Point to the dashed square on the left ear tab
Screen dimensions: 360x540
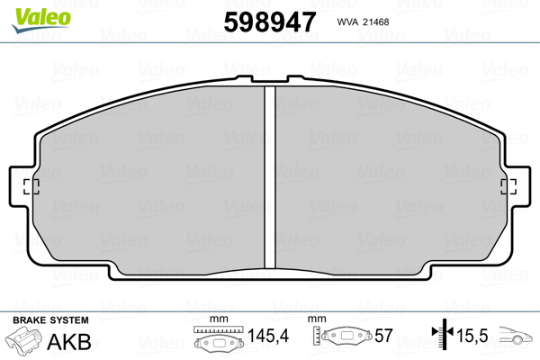32,186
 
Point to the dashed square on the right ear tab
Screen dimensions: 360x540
507,186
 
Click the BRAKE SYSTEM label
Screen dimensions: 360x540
49,320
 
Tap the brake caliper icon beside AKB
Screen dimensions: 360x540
28,341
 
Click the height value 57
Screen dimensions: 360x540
383,337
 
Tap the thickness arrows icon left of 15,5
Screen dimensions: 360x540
440,337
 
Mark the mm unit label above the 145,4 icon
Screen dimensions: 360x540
216,320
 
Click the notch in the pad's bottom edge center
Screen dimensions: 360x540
269,273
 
